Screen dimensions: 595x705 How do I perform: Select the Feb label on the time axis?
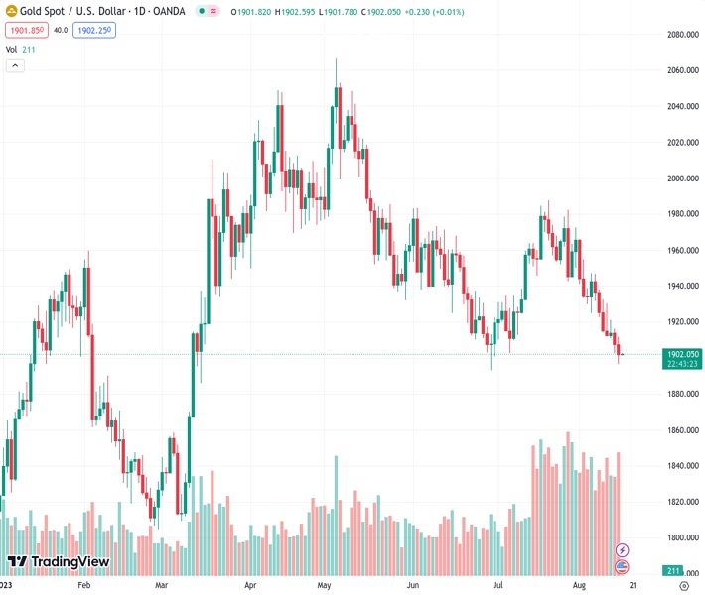[x=84, y=586]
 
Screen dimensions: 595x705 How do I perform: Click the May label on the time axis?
[x=324, y=586]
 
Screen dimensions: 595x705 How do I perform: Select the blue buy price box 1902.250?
[x=94, y=30]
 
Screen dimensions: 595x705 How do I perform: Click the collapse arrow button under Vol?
[x=15, y=65]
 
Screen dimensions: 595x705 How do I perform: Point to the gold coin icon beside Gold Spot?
[x=10, y=11]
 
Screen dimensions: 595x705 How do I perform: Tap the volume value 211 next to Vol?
[x=28, y=48]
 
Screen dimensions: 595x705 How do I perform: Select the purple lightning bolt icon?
[x=623, y=549]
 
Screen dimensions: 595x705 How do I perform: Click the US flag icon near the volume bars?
[x=623, y=566]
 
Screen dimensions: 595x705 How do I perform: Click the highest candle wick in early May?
[x=336, y=59]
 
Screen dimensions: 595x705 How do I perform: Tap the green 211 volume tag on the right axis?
[x=672, y=571]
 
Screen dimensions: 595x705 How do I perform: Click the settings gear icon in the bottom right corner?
[x=683, y=586]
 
